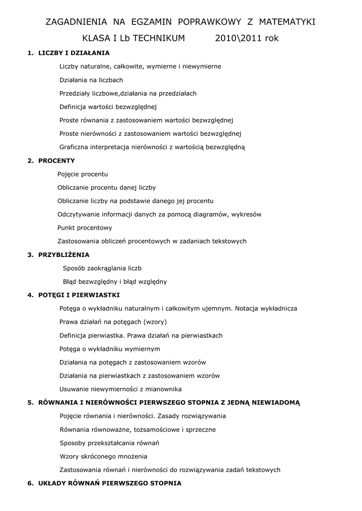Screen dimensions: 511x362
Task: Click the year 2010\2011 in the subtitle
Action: click(x=238, y=38)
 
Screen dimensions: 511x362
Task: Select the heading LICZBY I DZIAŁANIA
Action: click(x=74, y=53)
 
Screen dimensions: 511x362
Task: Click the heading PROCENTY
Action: click(x=56, y=161)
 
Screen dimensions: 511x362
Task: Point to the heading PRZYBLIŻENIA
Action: click(x=64, y=255)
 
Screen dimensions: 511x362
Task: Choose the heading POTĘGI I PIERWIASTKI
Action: click(x=79, y=295)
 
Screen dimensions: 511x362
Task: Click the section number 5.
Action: click(x=30, y=403)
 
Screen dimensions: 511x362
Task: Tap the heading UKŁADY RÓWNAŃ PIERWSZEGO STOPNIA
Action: click(x=110, y=484)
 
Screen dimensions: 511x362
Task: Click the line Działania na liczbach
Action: click(x=91, y=80)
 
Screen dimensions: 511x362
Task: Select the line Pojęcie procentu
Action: click(x=82, y=174)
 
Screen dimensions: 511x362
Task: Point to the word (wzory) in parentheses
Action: click(x=155, y=322)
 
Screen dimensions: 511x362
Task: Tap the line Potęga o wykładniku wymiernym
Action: click(x=110, y=349)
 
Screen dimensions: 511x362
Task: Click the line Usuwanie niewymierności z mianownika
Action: click(x=120, y=389)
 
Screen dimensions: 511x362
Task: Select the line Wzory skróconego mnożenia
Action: click(x=103, y=457)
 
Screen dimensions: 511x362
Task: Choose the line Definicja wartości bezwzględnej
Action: click(x=108, y=107)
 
